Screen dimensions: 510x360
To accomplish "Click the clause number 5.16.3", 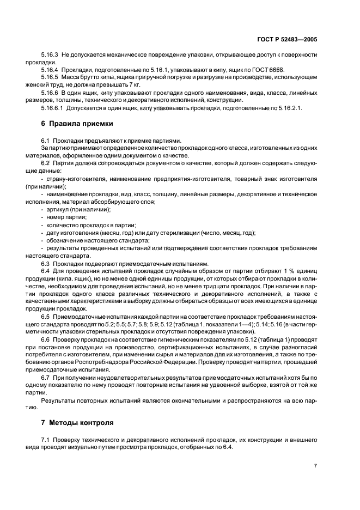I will coord(50,55).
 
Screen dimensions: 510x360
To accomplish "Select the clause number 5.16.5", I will coord(50,78).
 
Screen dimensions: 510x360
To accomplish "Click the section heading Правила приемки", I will coord(82,124).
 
